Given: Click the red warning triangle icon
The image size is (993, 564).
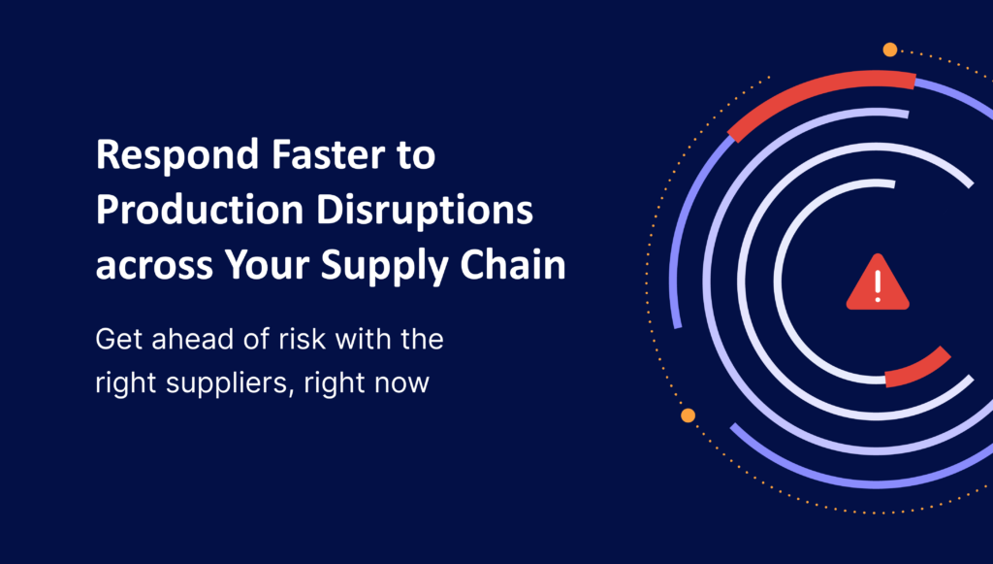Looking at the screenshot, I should (x=879, y=283).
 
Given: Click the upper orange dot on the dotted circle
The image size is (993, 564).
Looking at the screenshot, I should (x=890, y=50).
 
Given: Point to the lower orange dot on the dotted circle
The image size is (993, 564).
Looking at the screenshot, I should (x=688, y=415).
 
